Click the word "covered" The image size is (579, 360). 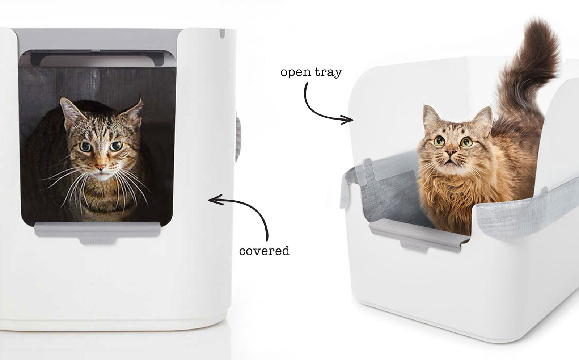click(264, 251)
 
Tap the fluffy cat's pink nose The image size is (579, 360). click(451, 152)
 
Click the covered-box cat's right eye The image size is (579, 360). click(116, 146)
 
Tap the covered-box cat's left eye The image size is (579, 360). click(85, 147)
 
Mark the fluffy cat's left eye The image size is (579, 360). click(439, 141)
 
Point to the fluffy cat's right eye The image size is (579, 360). click(466, 142)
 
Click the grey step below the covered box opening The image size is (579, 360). click(97, 232)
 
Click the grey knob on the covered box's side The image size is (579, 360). click(238, 140)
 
